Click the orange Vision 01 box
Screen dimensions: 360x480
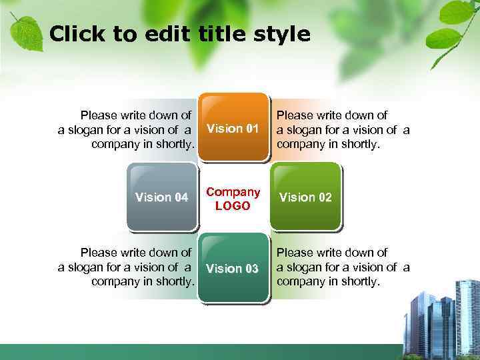233,128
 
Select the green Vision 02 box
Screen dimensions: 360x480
305,197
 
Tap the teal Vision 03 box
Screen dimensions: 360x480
233,268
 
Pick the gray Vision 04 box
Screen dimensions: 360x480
161,197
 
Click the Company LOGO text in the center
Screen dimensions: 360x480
233,199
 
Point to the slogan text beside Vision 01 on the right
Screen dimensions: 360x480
343,129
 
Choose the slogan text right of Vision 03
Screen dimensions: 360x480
343,267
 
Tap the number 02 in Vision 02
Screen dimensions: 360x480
324,197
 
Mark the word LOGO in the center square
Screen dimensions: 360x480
233,206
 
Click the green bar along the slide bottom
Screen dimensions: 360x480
200,352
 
